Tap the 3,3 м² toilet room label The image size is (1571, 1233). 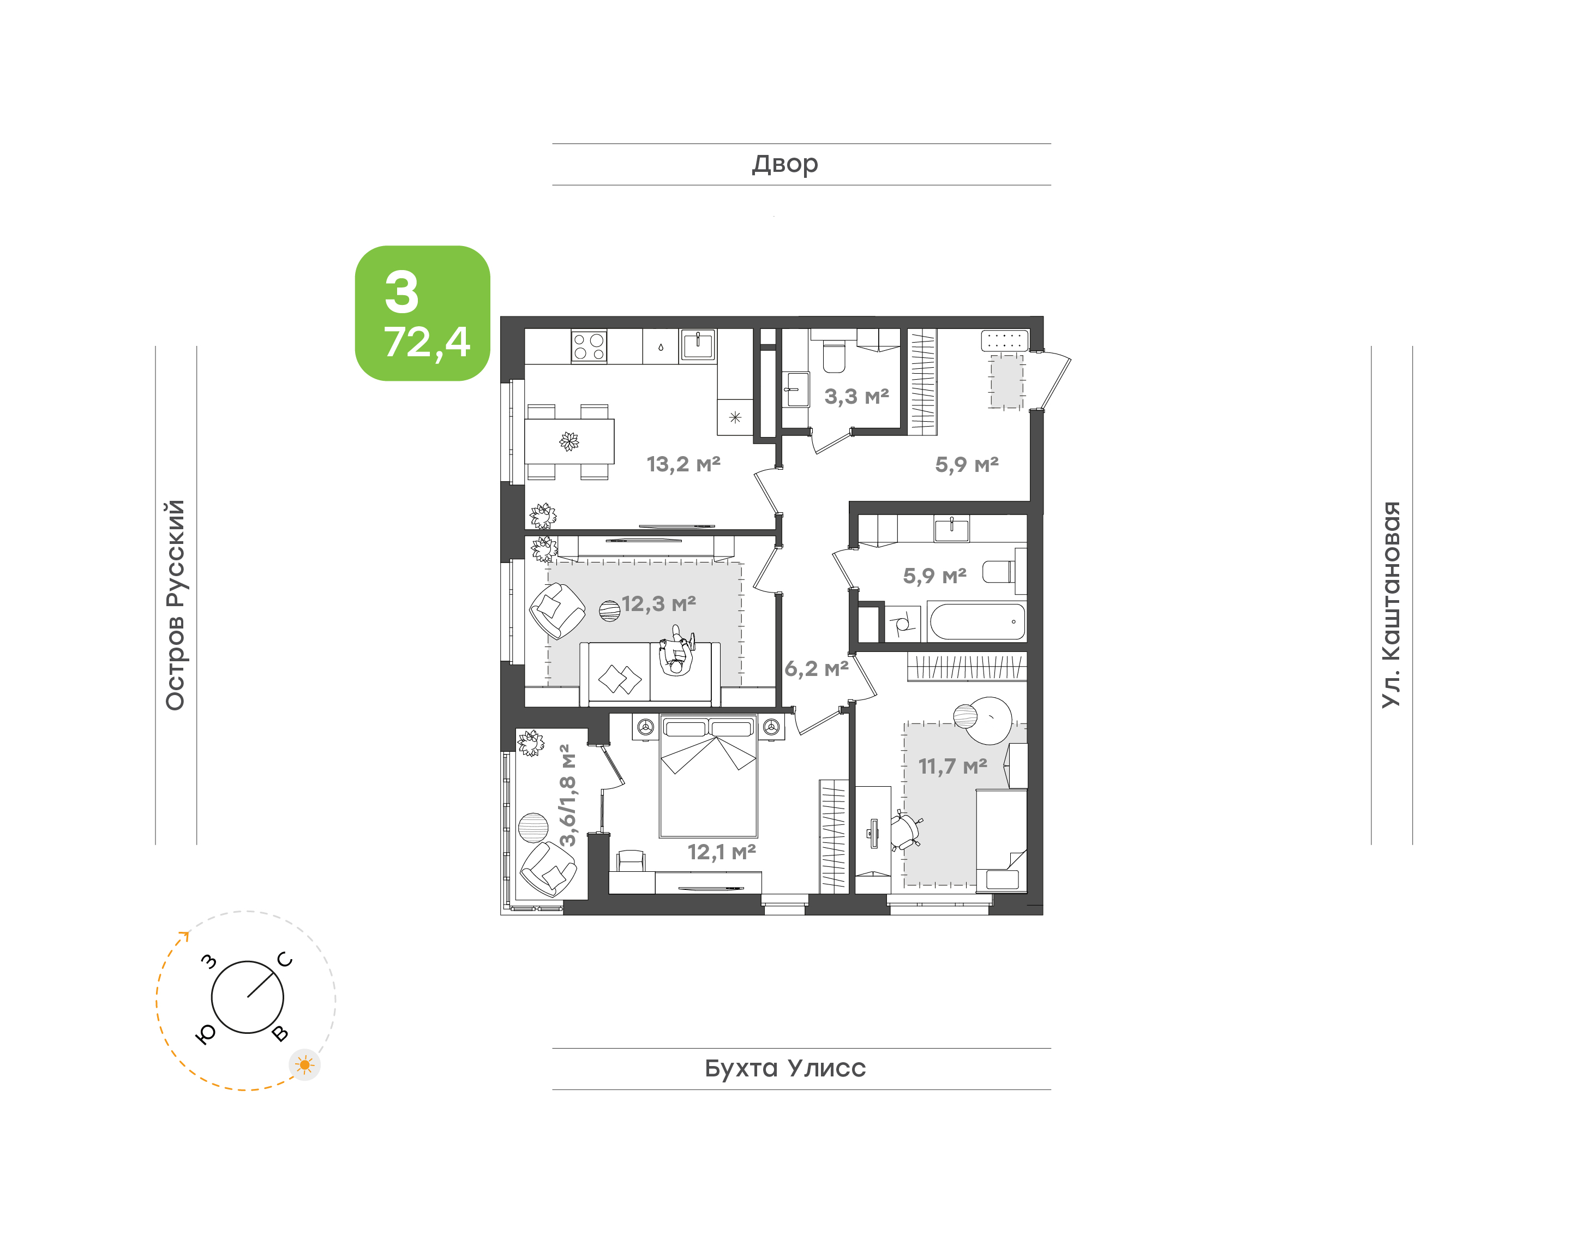[856, 396]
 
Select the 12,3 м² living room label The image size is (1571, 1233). [659, 603]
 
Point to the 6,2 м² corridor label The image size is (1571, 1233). [816, 668]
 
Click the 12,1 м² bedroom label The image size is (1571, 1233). [722, 852]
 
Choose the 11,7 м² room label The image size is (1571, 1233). [952, 766]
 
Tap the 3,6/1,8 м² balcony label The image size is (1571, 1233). [568, 795]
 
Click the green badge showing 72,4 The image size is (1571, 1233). [422, 313]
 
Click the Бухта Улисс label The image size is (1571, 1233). [785, 1068]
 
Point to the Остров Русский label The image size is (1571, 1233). [175, 605]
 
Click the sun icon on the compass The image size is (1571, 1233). [304, 1065]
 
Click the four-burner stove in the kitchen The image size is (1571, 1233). [589, 346]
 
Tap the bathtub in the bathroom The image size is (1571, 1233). [977, 621]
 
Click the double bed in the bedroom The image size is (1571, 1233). [709, 776]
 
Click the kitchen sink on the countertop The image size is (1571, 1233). [698, 344]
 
